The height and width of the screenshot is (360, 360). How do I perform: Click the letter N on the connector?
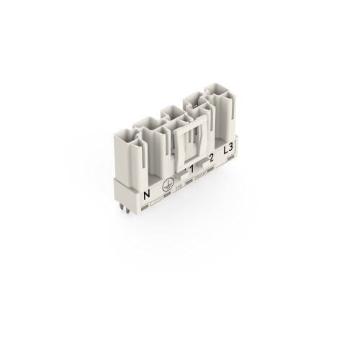tap(147, 194)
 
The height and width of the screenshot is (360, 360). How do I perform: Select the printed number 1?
tap(192, 170)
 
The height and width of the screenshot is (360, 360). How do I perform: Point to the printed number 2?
tap(210, 158)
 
